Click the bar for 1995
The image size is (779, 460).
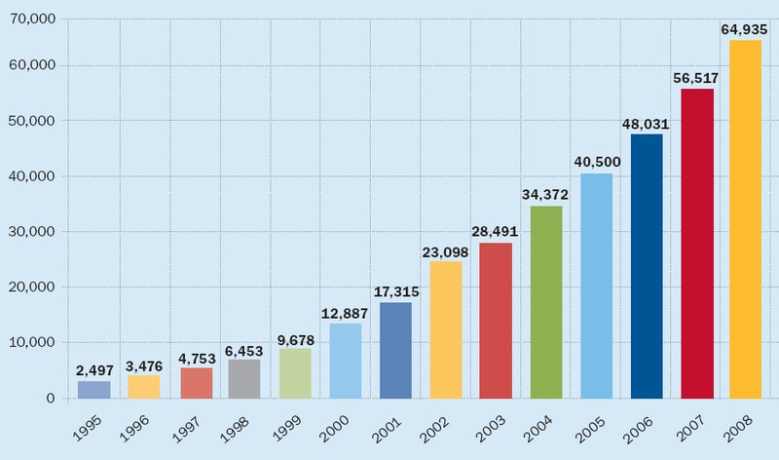[x=93, y=389]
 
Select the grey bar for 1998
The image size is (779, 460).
[x=244, y=378]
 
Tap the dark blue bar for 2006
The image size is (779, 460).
[x=647, y=266]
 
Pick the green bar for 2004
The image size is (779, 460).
[x=546, y=302]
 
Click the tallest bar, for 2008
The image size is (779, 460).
[x=746, y=219]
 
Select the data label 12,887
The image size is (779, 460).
[x=345, y=313]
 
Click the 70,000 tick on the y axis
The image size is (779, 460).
[x=33, y=19]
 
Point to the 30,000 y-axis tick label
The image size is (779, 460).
[x=33, y=232]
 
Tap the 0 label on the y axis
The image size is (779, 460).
[x=50, y=398]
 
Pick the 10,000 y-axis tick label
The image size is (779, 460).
[x=33, y=342]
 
